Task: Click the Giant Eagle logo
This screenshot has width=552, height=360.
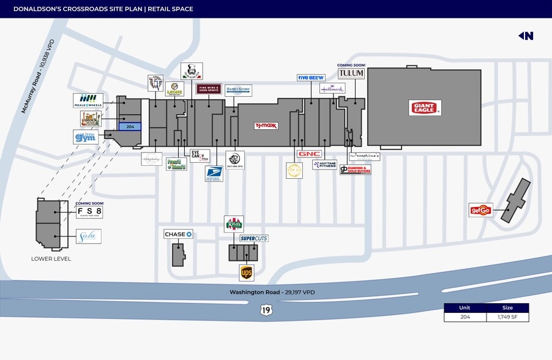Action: pyautogui.click(x=425, y=108)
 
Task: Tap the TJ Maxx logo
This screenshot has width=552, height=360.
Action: pyautogui.click(x=266, y=126)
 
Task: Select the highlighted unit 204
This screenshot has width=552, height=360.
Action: pyautogui.click(x=130, y=127)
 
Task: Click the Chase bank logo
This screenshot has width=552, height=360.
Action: pyautogui.click(x=178, y=234)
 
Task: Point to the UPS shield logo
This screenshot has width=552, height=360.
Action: pyautogui.click(x=247, y=272)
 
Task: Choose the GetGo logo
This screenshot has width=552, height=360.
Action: pyautogui.click(x=480, y=210)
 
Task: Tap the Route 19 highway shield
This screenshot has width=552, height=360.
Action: pyautogui.click(x=266, y=310)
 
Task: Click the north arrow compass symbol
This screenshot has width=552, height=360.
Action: pyautogui.click(x=526, y=36)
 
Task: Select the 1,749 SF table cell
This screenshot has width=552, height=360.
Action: pyautogui.click(x=507, y=317)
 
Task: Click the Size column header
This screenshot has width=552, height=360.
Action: pyautogui.click(x=507, y=308)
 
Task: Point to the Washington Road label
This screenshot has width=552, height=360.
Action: pyautogui.click(x=272, y=293)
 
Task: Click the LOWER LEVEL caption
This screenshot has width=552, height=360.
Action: pyautogui.click(x=51, y=259)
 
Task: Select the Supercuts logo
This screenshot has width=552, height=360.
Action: pyautogui.click(x=254, y=238)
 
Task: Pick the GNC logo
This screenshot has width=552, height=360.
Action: pyautogui.click(x=309, y=154)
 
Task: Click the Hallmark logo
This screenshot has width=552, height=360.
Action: pyautogui.click(x=332, y=88)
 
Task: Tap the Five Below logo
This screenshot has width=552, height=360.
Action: pyautogui.click(x=311, y=78)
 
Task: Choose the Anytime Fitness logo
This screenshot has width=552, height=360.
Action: pyautogui.click(x=324, y=164)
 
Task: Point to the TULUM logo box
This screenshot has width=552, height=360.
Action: pyautogui.click(x=351, y=73)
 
